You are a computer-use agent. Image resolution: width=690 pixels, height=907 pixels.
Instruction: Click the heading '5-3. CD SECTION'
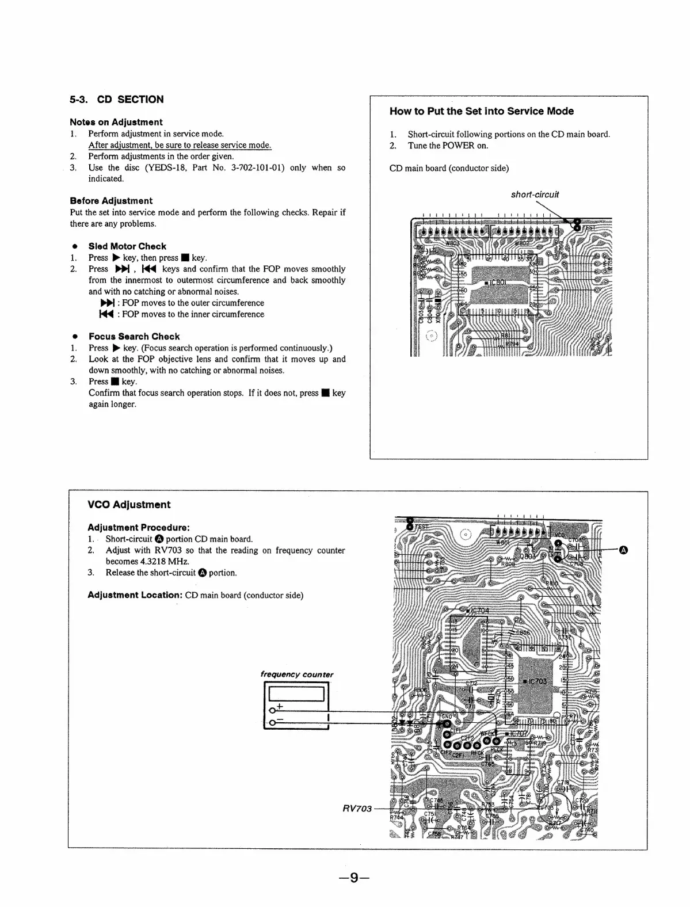tap(116, 100)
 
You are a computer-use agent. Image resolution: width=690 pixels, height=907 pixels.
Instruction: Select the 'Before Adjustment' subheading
tap(111, 201)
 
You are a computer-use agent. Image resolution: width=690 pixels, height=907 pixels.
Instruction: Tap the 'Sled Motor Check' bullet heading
tap(127, 246)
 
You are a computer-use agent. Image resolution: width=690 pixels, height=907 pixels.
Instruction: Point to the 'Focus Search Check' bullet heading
tap(134, 337)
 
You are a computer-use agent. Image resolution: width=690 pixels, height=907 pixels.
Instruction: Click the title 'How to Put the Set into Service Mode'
tap(482, 111)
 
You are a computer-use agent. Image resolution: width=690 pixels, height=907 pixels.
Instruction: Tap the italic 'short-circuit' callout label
tap(535, 195)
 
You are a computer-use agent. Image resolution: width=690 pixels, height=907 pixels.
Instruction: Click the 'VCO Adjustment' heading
tap(129, 505)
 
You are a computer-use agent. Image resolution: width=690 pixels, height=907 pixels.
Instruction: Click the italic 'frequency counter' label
tap(297, 674)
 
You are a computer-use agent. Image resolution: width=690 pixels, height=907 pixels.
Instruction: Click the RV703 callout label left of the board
tap(357, 809)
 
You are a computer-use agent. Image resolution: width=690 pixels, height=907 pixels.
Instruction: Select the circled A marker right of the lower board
tap(623, 550)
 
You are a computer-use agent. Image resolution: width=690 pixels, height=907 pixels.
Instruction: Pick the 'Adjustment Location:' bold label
tap(135, 595)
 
